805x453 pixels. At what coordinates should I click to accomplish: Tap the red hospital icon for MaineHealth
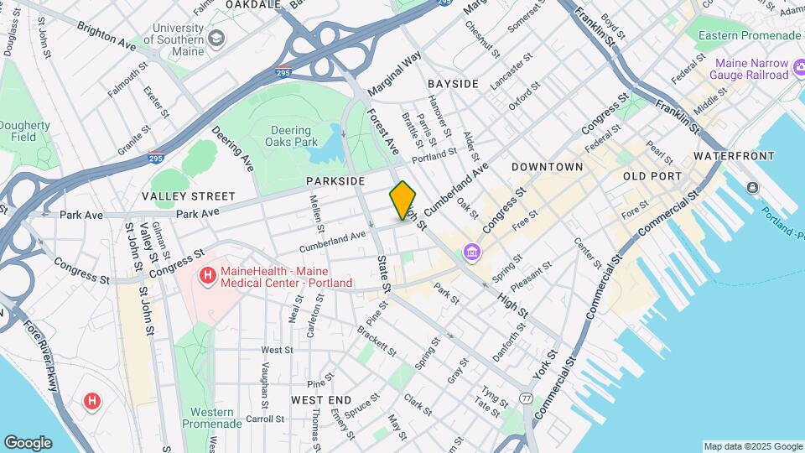[x=205, y=274]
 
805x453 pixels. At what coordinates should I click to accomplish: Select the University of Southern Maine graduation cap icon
[x=216, y=39]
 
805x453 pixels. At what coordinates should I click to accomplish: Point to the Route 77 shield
[x=526, y=398]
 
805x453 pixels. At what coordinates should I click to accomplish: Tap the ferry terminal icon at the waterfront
[x=752, y=186]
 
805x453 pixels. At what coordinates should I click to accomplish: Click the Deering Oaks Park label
[x=291, y=137]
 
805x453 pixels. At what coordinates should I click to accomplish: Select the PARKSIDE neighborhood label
[x=335, y=181]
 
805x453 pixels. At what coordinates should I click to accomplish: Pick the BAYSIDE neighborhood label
[x=453, y=84]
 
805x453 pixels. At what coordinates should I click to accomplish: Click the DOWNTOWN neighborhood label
[x=548, y=167]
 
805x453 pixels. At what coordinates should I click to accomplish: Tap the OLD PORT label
[x=651, y=176]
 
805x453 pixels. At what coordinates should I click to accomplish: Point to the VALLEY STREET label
[x=189, y=196]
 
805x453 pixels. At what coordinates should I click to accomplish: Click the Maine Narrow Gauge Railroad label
[x=751, y=70]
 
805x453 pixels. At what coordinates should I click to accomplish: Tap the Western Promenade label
[x=212, y=419]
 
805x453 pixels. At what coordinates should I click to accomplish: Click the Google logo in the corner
[x=28, y=443]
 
